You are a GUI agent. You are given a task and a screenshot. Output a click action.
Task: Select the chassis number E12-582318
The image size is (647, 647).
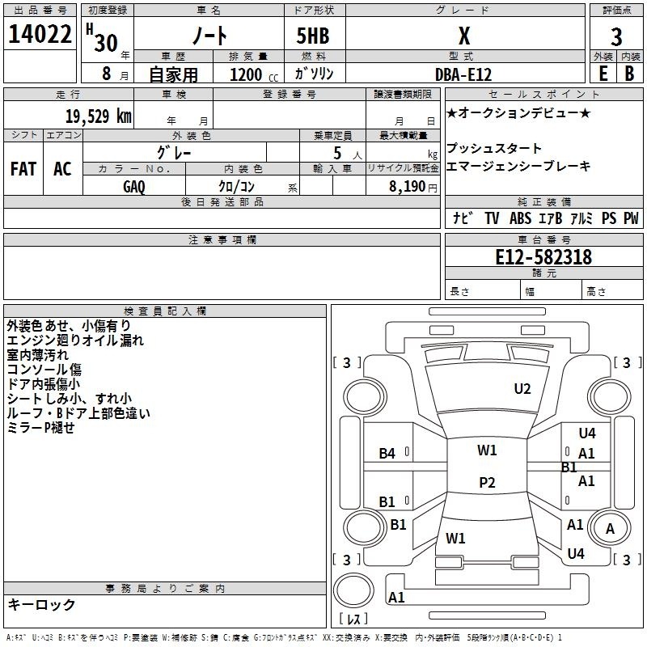(x=544, y=257)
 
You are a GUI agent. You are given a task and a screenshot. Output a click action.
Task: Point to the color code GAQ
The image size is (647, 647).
(x=134, y=187)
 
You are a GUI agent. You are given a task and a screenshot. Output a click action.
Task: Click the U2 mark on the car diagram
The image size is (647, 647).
(x=522, y=389)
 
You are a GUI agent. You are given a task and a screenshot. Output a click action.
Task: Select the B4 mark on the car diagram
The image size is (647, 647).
(x=387, y=454)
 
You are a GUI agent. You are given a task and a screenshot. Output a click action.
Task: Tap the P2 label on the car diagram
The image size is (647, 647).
(x=487, y=483)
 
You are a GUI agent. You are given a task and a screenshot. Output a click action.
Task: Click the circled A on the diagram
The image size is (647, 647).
(x=610, y=529)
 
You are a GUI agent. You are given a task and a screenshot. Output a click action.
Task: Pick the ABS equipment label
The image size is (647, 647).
(x=520, y=218)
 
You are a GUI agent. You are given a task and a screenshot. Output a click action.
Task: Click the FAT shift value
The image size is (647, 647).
(x=23, y=169)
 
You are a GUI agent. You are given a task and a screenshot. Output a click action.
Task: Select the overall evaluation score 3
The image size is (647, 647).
(x=616, y=37)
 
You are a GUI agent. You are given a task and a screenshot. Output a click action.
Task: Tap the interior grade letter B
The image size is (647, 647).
(x=629, y=73)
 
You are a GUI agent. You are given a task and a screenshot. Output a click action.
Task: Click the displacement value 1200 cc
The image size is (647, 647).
(x=251, y=74)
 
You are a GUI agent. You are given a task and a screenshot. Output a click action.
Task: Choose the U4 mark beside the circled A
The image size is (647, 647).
(x=576, y=554)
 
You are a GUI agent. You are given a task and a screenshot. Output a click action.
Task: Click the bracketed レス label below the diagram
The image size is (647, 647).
(x=353, y=620)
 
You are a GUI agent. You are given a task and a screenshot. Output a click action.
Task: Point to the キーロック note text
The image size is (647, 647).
(x=41, y=605)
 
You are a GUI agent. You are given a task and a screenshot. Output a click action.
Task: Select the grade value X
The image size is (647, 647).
(x=464, y=36)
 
